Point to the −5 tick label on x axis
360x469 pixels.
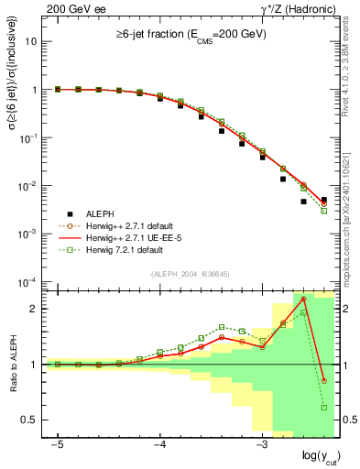(57, 444)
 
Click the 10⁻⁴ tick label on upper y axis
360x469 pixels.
(28, 281)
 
